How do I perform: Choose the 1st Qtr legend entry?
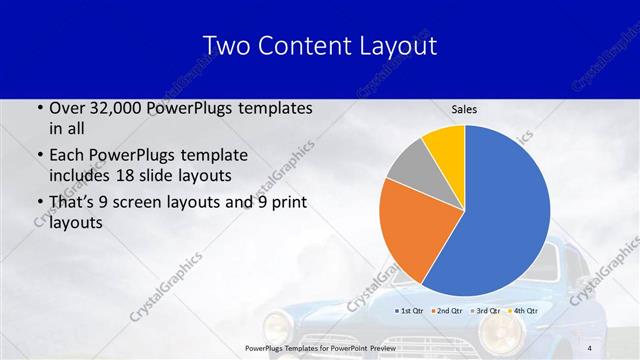[412, 311]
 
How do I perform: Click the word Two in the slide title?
[225, 46]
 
